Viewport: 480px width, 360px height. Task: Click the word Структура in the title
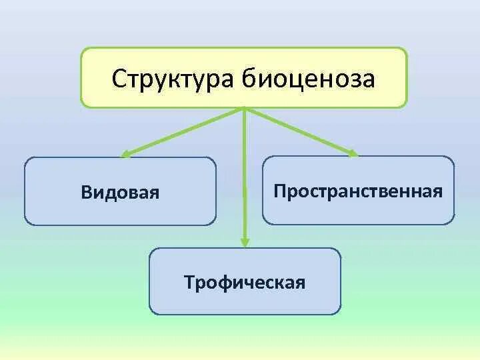tap(169, 79)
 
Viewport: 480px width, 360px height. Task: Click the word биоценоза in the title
tap(305, 79)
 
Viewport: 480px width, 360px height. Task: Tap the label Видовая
tap(121, 193)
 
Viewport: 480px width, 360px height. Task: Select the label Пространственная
tap(358, 191)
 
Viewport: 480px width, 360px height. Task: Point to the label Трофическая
tap(245, 282)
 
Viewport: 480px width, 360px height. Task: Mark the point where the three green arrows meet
tap(245, 108)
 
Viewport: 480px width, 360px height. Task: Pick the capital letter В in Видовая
tap(87, 193)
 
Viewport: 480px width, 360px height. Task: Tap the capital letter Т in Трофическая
tap(190, 282)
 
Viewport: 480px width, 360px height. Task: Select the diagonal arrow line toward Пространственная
tap(300, 131)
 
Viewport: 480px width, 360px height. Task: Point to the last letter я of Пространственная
tap(438, 192)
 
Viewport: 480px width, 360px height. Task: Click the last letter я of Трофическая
tap(301, 283)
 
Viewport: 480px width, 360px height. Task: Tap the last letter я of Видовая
tap(155, 193)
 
